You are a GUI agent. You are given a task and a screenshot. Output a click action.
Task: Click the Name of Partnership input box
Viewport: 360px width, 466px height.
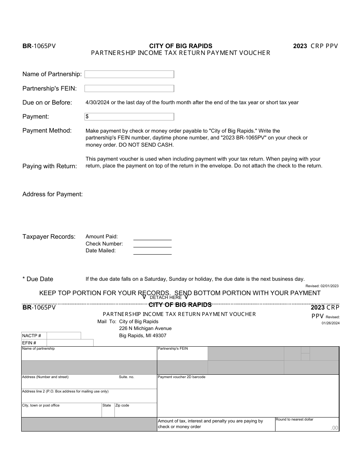tap(129, 74)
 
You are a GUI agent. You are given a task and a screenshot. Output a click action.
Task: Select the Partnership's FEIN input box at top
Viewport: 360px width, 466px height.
tap(129, 89)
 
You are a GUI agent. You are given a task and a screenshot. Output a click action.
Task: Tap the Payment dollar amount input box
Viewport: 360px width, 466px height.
tap(129, 117)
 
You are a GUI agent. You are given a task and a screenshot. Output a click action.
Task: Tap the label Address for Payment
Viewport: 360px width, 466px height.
tap(53, 194)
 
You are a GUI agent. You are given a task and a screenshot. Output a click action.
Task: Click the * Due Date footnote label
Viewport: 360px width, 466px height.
tap(38, 279)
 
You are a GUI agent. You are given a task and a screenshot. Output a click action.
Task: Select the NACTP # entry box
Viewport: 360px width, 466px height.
tap(64, 336)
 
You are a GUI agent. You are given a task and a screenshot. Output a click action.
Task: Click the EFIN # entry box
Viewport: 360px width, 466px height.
tap(70, 343)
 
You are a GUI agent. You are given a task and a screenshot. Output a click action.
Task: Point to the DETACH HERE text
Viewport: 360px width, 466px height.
tap(166, 297)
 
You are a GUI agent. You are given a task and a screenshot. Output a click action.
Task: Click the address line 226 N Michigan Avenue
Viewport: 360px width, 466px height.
tap(145, 328)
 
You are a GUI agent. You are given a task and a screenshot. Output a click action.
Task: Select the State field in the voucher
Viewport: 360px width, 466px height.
tap(108, 411)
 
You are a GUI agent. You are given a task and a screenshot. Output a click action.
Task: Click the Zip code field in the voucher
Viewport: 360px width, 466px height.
tap(135, 411)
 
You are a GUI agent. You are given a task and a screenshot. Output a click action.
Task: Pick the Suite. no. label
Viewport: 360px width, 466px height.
tap(127, 377)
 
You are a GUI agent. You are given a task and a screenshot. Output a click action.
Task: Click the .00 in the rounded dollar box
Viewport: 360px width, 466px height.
tap(334, 428)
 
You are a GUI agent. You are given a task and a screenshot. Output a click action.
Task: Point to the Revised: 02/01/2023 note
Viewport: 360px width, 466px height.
tap(322, 286)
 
